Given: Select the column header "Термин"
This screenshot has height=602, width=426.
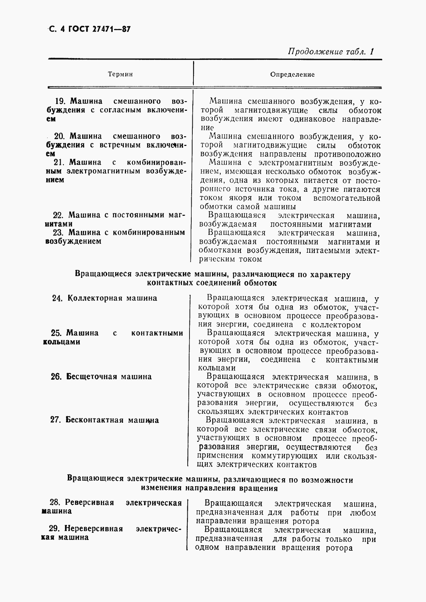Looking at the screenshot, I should tap(120, 74).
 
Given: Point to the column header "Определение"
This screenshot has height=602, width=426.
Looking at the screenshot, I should tap(292, 75).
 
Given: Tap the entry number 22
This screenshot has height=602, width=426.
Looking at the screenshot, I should tap(58, 215).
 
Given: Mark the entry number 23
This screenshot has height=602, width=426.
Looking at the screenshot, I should tap(58, 232).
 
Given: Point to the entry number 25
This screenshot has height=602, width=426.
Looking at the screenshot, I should tap(57, 333).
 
